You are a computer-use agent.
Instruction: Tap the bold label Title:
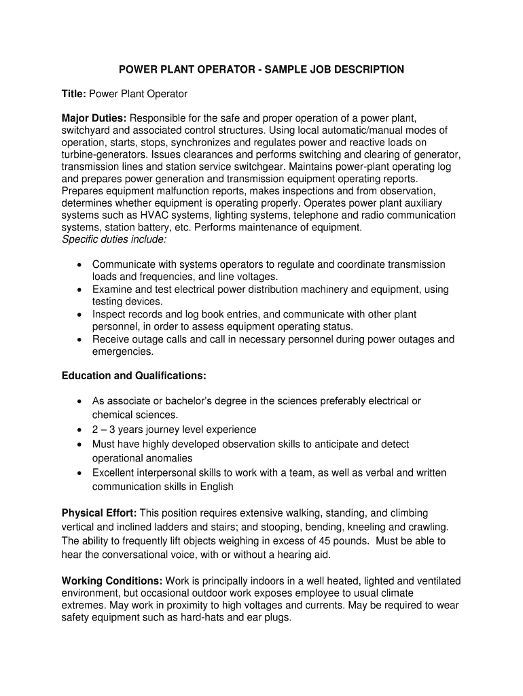74,93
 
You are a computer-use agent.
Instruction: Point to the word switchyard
88,130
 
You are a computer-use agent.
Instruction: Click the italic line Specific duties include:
113,240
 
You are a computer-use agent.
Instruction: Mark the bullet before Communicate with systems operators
80,264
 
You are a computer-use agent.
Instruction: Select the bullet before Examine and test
80,290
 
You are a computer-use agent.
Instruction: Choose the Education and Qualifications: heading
134,375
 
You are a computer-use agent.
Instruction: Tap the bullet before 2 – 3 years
80,430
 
